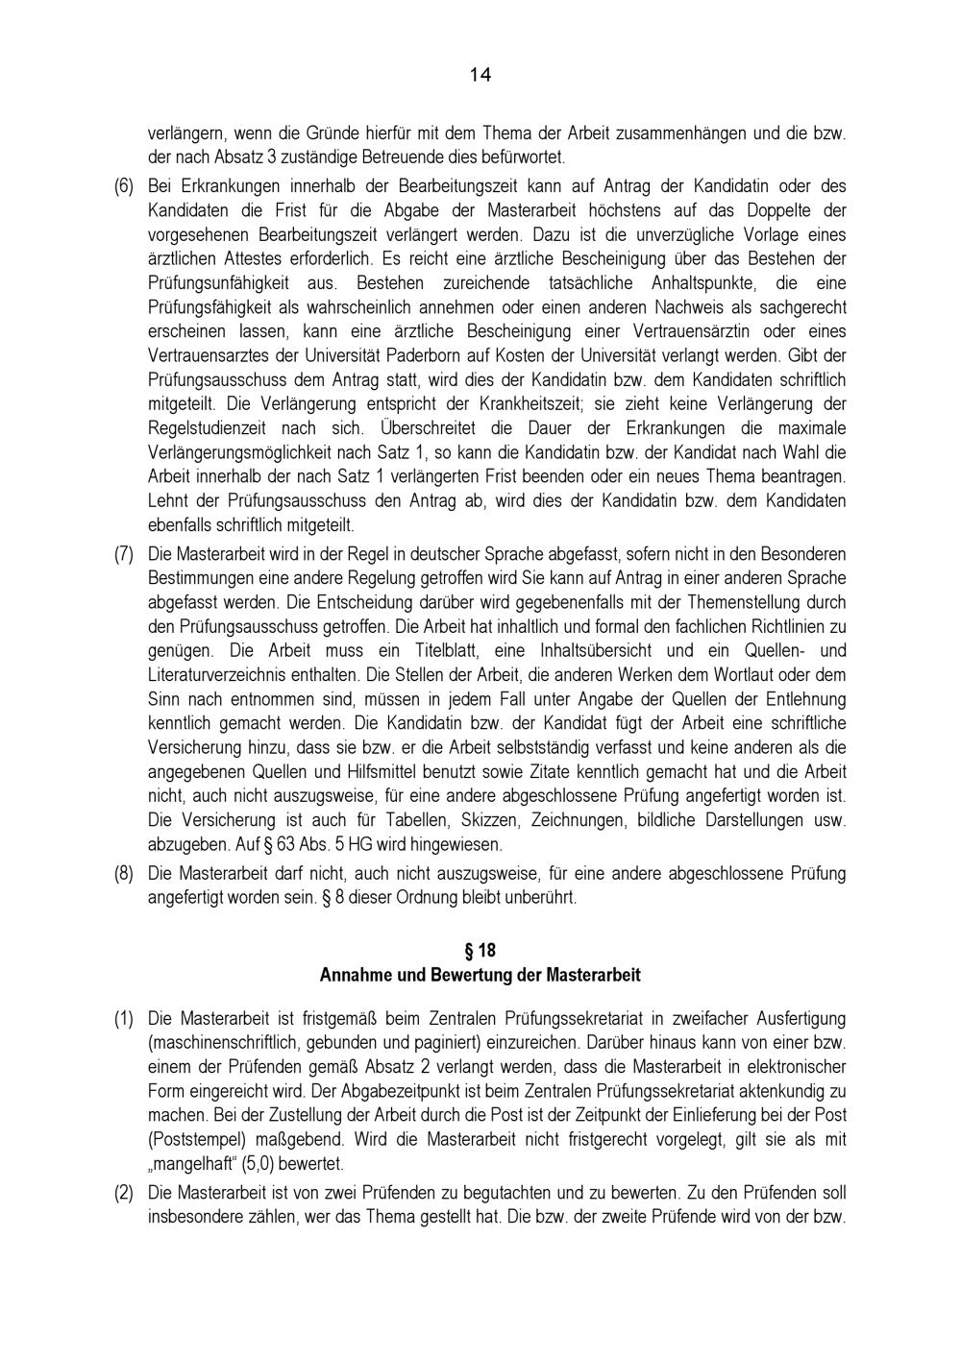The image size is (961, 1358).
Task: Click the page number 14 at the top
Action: click(x=480, y=75)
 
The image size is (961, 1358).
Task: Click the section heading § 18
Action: click(x=480, y=950)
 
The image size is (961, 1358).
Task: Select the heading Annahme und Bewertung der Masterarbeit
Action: click(x=480, y=974)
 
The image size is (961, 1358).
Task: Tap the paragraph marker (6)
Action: click(x=124, y=185)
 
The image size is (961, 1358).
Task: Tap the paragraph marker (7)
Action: click(x=124, y=554)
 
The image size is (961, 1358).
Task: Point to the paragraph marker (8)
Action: click(x=124, y=874)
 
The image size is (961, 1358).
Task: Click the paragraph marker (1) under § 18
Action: click(x=124, y=1017)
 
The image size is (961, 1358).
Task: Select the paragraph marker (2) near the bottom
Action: click(x=124, y=1193)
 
